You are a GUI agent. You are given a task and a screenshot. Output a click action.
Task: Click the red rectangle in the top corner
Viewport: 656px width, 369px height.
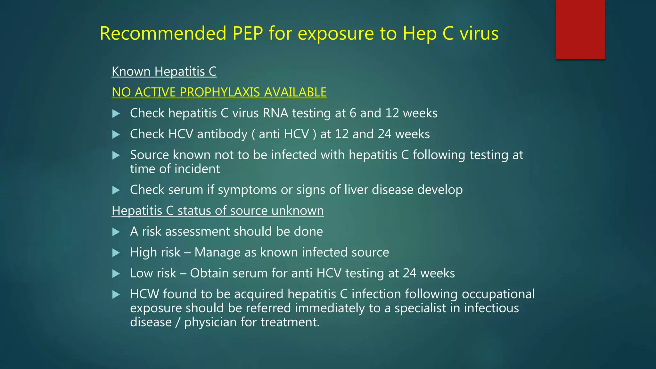click(x=580, y=29)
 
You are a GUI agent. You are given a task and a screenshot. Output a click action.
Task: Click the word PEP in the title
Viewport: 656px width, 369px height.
click(x=248, y=33)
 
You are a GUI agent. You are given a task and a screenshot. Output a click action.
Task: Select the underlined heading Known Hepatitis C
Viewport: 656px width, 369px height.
click(x=164, y=71)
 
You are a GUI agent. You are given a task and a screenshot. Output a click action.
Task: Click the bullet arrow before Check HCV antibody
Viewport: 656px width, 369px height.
click(x=116, y=135)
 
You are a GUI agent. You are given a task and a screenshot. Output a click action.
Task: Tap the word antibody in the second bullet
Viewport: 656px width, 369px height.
click(x=222, y=134)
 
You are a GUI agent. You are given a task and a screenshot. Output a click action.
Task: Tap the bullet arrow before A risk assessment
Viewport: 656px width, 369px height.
click(x=116, y=232)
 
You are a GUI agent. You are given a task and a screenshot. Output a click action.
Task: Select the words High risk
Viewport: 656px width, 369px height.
click(x=155, y=252)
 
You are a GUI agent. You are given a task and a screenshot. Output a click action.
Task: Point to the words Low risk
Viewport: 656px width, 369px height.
click(x=153, y=273)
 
